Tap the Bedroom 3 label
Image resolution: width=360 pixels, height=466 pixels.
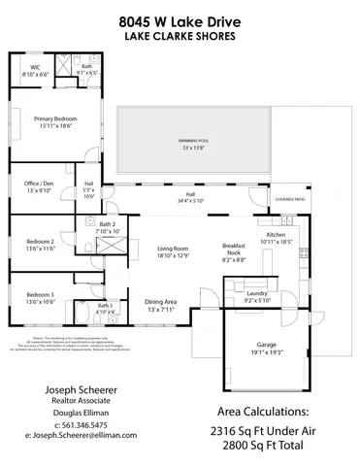pyautogui.click(x=40, y=295)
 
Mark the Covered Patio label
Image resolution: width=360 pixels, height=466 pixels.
pyautogui.click(x=291, y=199)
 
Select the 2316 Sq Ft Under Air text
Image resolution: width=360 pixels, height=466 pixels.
pyautogui.click(x=263, y=428)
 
